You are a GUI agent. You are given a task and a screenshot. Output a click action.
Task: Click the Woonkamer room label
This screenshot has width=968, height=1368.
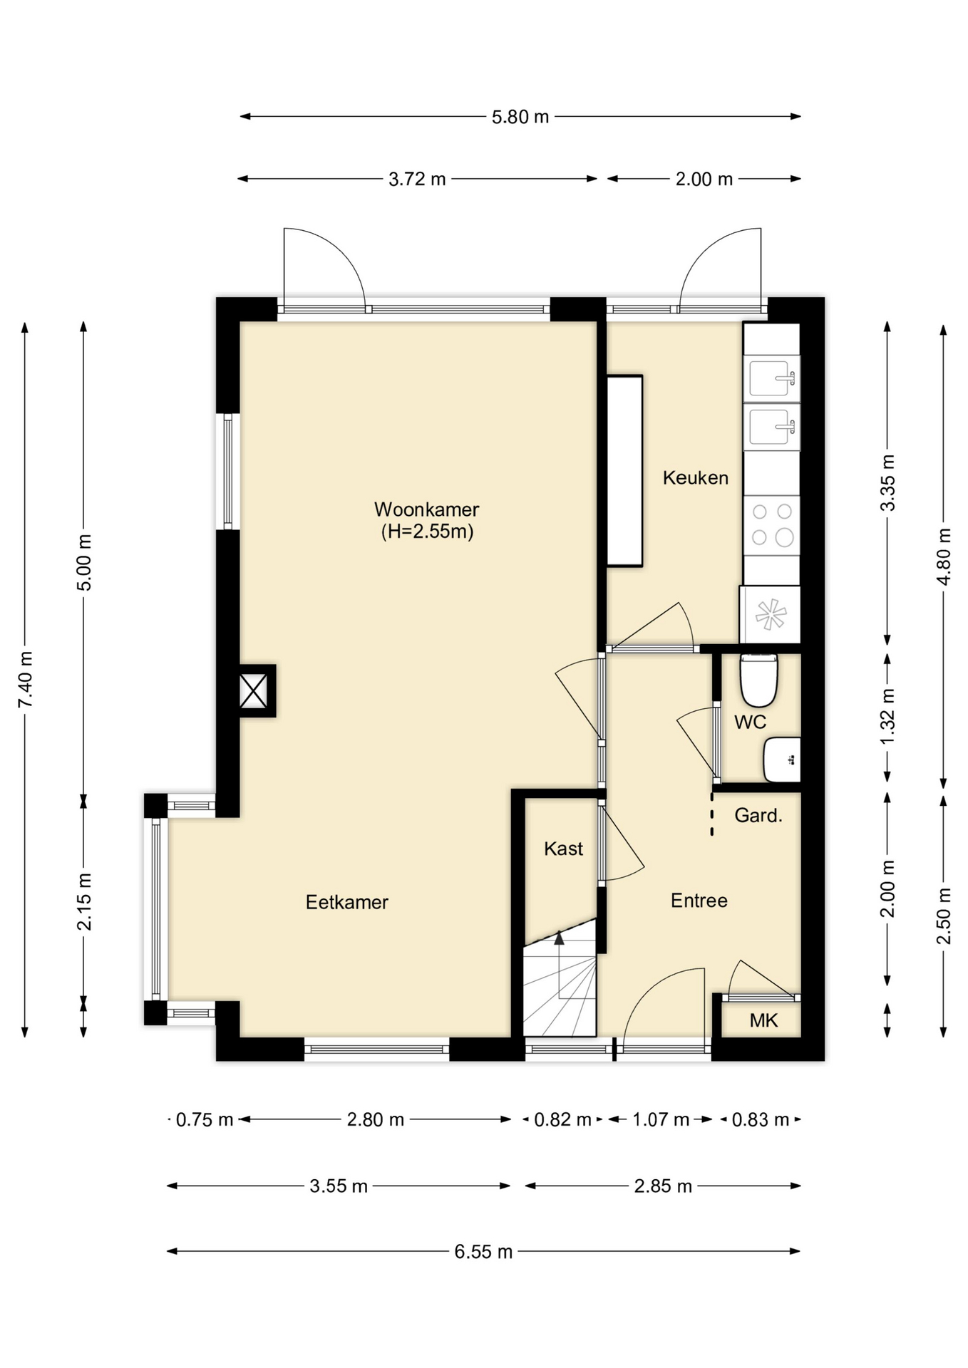[x=426, y=509]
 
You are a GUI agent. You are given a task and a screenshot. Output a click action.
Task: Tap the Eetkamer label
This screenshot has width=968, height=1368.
[x=347, y=902]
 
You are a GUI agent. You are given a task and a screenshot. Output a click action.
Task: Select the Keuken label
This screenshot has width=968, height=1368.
[x=696, y=477]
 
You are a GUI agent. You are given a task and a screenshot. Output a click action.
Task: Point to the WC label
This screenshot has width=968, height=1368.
[x=750, y=722]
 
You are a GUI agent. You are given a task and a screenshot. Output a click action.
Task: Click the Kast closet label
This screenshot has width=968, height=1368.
[x=563, y=849]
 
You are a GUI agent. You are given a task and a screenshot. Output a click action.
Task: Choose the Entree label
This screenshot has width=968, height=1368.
[x=699, y=901]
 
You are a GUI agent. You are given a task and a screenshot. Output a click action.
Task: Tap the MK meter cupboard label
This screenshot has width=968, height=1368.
[x=763, y=1020]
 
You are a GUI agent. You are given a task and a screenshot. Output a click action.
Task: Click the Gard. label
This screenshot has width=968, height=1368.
[x=758, y=815]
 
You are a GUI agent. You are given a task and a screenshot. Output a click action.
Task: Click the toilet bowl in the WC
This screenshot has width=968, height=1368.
[x=758, y=680]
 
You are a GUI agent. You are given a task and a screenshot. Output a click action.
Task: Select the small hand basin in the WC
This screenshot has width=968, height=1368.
[x=782, y=760]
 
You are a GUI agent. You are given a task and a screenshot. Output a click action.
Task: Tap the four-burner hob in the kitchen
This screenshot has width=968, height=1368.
[x=771, y=524]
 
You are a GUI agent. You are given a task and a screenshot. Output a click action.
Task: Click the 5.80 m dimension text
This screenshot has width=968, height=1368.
[x=520, y=117]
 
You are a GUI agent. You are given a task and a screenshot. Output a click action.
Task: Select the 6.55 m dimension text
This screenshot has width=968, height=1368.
[x=483, y=1252]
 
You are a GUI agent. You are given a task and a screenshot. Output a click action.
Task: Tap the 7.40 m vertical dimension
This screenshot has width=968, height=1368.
[x=26, y=680]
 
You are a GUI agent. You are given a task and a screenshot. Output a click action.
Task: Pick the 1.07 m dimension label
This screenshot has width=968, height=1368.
[x=661, y=1120]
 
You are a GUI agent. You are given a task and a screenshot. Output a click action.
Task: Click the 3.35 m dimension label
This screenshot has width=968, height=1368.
[x=887, y=482]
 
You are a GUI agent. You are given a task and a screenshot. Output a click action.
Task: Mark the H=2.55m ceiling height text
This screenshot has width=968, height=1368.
[x=427, y=532]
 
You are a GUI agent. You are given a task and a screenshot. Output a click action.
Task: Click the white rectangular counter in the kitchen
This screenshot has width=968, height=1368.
[x=624, y=471]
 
